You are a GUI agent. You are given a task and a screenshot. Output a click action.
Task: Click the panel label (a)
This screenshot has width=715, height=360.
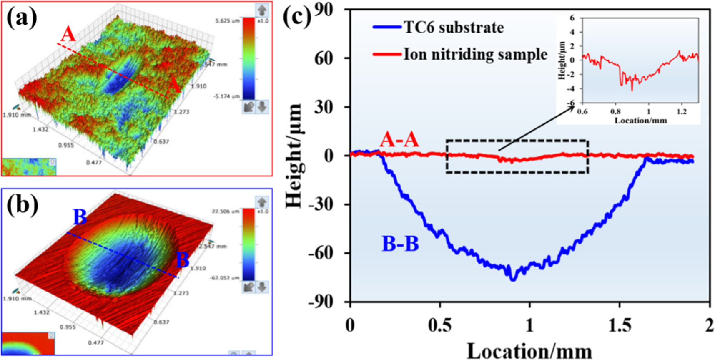22,18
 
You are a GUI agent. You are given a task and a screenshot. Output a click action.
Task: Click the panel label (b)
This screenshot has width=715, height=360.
22,205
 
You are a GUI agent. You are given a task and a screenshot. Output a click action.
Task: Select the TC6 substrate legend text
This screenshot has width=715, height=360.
454,28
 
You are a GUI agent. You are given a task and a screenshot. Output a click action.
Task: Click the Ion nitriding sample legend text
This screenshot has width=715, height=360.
475,54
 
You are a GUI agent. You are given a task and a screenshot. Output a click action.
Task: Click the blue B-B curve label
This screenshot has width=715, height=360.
400,244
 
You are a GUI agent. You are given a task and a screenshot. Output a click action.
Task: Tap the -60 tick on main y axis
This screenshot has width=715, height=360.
328,253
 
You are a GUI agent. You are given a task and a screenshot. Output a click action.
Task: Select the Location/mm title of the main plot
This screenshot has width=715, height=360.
529,351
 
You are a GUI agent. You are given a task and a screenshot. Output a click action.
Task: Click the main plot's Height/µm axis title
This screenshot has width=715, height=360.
294,156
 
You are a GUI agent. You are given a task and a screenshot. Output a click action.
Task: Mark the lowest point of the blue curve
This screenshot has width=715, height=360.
513,280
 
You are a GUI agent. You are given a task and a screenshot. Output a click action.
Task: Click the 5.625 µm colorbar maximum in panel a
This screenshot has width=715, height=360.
227,21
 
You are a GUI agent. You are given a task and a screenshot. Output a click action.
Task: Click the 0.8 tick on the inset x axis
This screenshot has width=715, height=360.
615,112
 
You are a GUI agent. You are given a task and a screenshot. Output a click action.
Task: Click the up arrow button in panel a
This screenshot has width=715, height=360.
261,10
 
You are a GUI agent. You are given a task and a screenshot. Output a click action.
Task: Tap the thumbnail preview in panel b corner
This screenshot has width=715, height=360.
28,343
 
